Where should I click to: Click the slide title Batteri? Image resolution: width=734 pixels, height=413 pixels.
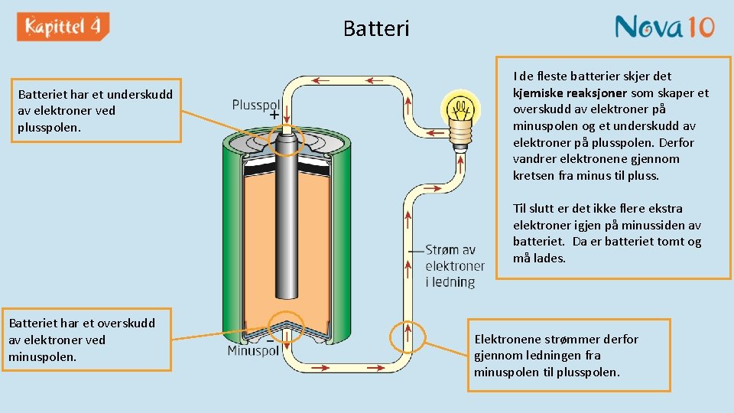click(x=376, y=29)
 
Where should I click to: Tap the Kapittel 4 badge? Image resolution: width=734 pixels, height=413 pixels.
click(x=63, y=28)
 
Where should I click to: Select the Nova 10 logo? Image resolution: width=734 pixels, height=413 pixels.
click(x=664, y=28)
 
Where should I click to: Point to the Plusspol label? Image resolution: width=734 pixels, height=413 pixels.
click(x=256, y=105)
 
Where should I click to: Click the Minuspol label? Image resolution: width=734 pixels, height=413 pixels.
click(x=253, y=351)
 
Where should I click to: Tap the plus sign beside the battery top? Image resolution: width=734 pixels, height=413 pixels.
click(x=274, y=118)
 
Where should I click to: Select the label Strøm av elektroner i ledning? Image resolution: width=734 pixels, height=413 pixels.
click(x=454, y=266)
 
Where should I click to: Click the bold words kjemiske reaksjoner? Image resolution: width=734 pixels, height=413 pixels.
click(x=570, y=93)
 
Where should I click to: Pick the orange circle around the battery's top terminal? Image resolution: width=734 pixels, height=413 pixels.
click(x=287, y=140)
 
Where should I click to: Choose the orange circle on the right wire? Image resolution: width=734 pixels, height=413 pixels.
click(x=408, y=334)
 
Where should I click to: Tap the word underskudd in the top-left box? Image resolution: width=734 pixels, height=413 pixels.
click(x=140, y=95)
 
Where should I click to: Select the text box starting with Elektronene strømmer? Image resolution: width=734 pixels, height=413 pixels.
click(x=568, y=355)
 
